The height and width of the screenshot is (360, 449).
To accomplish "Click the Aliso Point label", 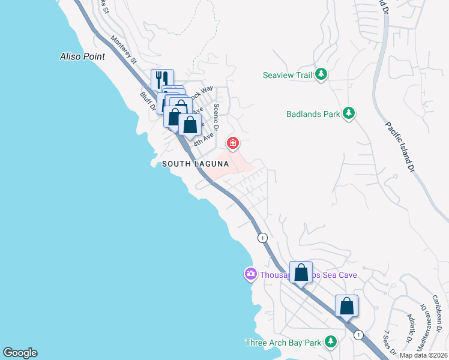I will (x=82, y=56).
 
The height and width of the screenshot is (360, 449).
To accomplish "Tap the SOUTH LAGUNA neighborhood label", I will (x=196, y=163).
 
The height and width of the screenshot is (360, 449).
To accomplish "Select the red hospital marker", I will (x=232, y=143).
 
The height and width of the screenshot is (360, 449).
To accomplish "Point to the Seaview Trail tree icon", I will (x=321, y=74).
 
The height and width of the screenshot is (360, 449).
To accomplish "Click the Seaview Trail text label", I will (x=288, y=75).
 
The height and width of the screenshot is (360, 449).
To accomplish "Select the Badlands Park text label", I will (x=312, y=113).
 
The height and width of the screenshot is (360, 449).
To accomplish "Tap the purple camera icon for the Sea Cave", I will (x=250, y=274).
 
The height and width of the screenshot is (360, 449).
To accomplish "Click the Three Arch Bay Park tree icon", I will (x=330, y=341).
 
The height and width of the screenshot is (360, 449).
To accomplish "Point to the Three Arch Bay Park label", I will (x=285, y=343).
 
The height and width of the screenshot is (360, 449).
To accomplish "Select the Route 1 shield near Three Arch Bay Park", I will (x=358, y=334).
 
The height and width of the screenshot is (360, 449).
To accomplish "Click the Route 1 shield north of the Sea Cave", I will (x=262, y=238).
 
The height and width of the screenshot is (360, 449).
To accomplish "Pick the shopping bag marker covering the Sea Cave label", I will (x=301, y=272).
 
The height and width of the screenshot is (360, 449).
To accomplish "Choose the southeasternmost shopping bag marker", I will (x=346, y=305).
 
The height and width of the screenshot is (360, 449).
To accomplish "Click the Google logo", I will (x=20, y=353).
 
